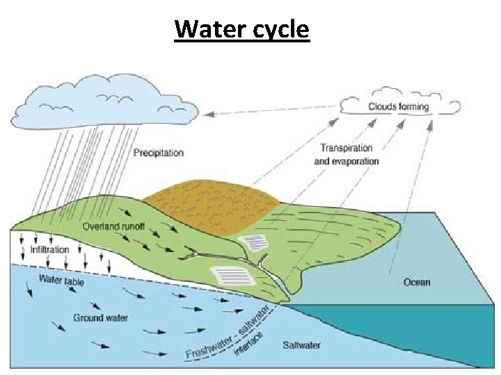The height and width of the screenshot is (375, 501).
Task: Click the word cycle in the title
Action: point(276,31)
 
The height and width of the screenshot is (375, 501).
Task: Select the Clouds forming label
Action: point(399,107)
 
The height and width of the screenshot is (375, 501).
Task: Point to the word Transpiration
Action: point(347,148)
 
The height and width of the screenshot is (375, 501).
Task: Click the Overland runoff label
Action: point(113,226)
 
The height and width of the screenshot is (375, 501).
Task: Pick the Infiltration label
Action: point(49,249)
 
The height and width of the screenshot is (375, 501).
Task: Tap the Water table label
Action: point(61,281)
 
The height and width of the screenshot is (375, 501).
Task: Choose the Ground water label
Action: point(100,318)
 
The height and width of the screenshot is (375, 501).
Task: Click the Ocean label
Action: point(417,282)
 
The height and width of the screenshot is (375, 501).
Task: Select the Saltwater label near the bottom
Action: point(301,345)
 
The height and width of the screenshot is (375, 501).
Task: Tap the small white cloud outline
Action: point(399,106)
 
